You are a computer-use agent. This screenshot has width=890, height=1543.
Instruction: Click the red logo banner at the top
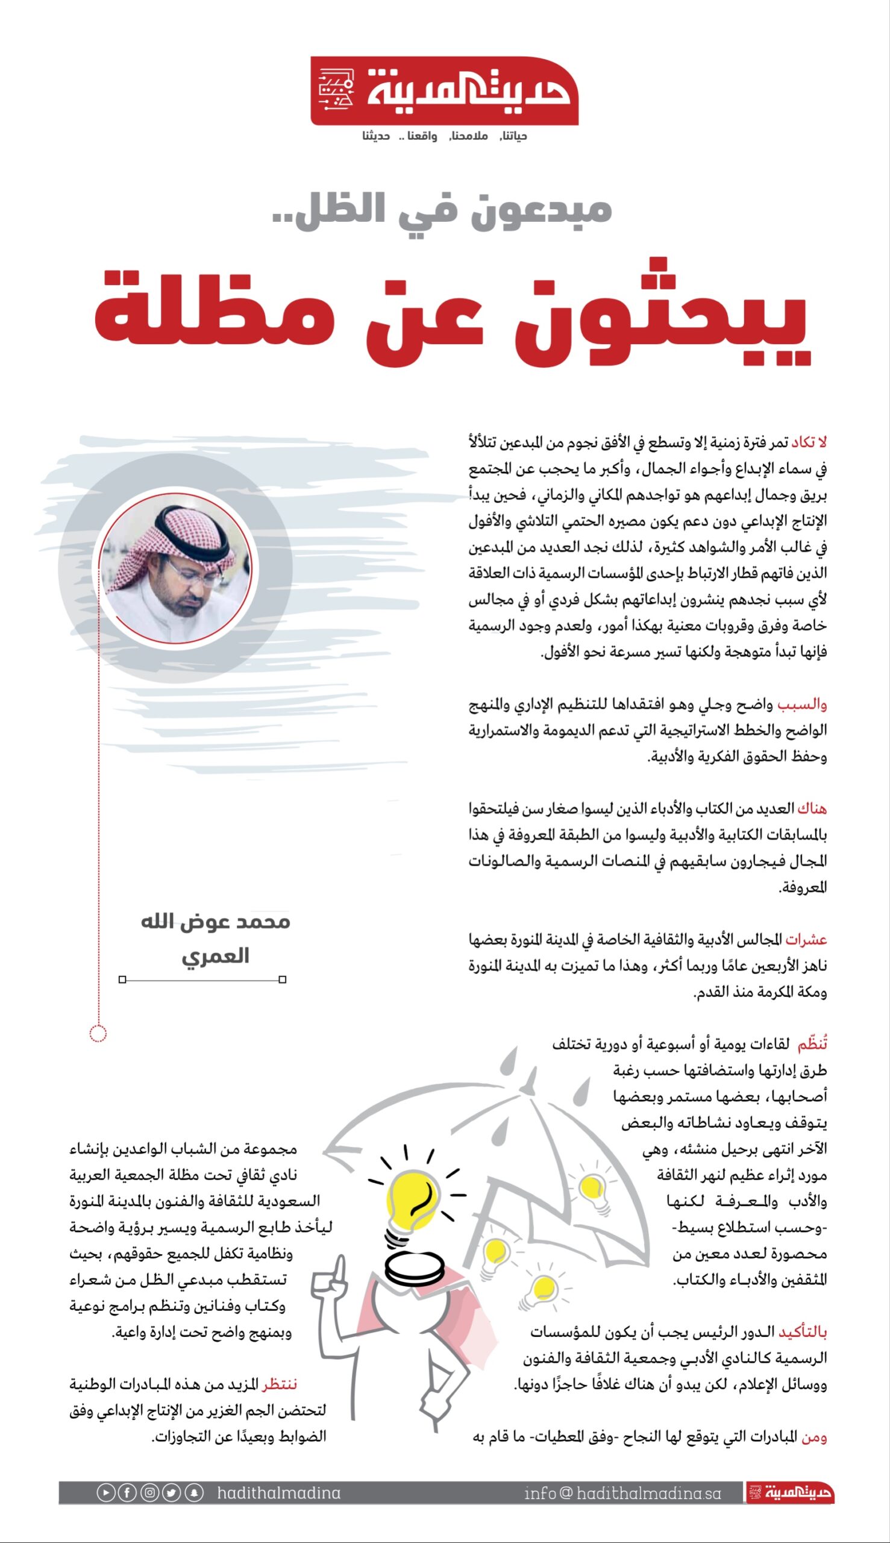tap(444, 91)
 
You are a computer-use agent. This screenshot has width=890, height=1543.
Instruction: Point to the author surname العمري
tap(215, 955)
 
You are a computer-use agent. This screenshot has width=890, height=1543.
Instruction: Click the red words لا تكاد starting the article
tap(809, 442)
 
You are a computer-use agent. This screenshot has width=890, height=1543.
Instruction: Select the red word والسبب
tap(802, 705)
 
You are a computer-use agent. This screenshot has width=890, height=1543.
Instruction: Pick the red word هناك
tap(812, 809)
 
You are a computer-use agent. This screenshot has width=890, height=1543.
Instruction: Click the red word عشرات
tap(806, 939)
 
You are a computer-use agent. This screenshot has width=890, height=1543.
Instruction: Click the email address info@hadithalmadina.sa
tap(622, 1493)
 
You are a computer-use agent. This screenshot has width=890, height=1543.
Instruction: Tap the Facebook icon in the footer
tap(127, 1493)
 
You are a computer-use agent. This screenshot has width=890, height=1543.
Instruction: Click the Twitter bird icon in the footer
tap(172, 1493)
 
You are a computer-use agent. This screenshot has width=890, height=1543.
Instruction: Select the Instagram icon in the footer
tap(150, 1493)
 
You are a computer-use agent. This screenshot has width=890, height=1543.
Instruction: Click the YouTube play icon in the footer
tap(105, 1493)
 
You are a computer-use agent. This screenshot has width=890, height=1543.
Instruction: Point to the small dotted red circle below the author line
tap(98, 1033)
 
